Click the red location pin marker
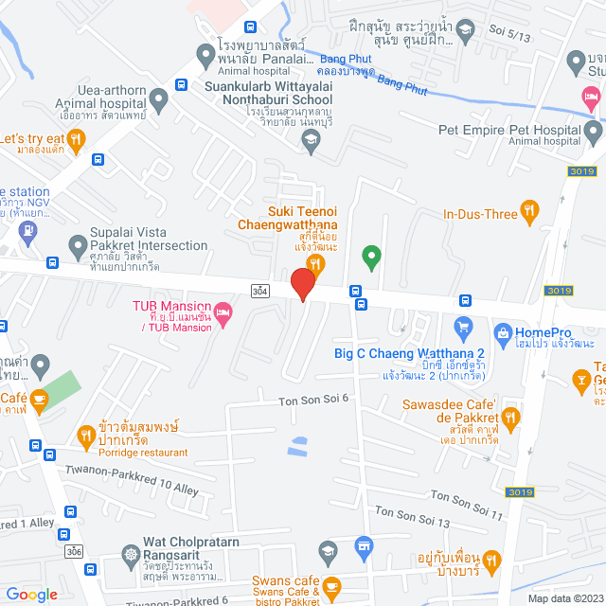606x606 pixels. pyautogui.click(x=302, y=283)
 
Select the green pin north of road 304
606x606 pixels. pyautogui.click(x=372, y=256)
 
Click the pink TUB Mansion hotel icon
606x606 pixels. pyautogui.click(x=223, y=312)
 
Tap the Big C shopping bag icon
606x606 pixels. pyautogui.click(x=463, y=329)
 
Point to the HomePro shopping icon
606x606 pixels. pyautogui.click(x=502, y=333)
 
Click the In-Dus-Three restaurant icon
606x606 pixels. pyautogui.click(x=531, y=210)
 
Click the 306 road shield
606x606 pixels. pyautogui.click(x=74, y=550)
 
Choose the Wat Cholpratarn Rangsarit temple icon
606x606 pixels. pyautogui.click(x=130, y=552)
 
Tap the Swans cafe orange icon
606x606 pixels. pyautogui.click(x=330, y=586)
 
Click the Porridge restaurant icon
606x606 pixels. pyautogui.click(x=86, y=435)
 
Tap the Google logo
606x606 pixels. pyautogui.click(x=31, y=594)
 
